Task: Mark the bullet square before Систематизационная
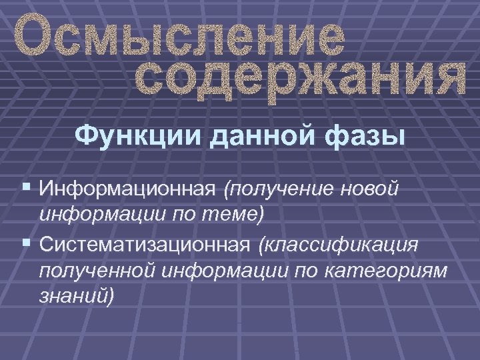point(25,245)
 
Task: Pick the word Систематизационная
point(144,245)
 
